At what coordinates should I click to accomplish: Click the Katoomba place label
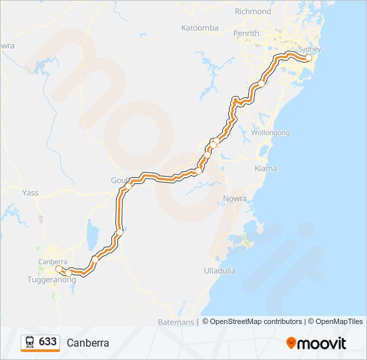[x=200, y=28]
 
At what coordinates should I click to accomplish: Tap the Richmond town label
[x=253, y=11]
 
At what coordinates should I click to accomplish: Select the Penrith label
[x=246, y=33]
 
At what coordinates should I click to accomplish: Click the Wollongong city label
[x=270, y=133]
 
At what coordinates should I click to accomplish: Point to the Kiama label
[x=266, y=169]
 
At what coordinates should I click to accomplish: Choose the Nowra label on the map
[x=236, y=199]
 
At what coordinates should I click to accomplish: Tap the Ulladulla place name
[x=220, y=271]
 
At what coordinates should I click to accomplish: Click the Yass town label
[x=30, y=193]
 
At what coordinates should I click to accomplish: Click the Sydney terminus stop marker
[x=308, y=58]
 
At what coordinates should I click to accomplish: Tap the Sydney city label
[x=310, y=49]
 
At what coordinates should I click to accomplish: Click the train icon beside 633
[x=30, y=342]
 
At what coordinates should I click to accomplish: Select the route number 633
[x=47, y=342]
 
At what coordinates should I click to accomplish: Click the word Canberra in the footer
[x=87, y=343]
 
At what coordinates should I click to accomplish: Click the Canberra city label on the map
[x=52, y=261]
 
